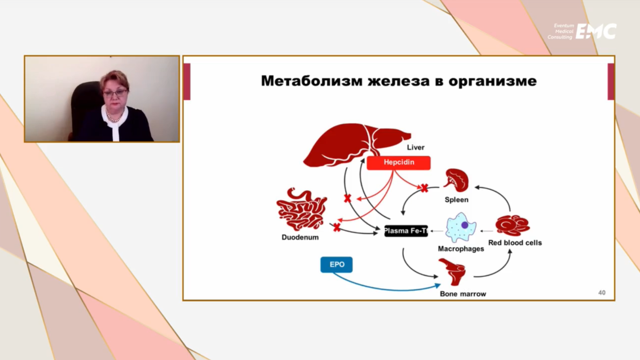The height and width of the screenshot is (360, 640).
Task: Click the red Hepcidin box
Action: pyautogui.click(x=399, y=163)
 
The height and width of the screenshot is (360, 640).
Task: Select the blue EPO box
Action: pyautogui.click(x=336, y=265)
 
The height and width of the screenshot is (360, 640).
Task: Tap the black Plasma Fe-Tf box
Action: pyautogui.click(x=406, y=231)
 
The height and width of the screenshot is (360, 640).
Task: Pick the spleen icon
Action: pyautogui.click(x=457, y=180)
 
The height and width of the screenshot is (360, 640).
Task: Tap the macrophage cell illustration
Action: pyautogui.click(x=460, y=227)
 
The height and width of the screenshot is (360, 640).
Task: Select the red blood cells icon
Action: pyautogui.click(x=513, y=225)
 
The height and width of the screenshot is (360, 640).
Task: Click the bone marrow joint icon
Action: pyautogui.click(x=453, y=272)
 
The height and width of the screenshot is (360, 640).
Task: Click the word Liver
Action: pyautogui.click(x=416, y=148)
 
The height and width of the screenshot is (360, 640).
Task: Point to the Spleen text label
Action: pyautogui.click(x=456, y=200)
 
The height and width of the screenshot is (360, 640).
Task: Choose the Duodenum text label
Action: pyautogui.click(x=300, y=237)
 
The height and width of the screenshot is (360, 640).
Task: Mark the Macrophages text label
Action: pyautogui.click(x=461, y=249)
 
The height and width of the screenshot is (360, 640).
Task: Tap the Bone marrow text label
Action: pyautogui.click(x=463, y=294)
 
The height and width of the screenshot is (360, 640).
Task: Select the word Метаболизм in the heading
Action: pyautogui.click(x=312, y=81)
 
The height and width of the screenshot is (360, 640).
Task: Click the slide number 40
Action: pyautogui.click(x=602, y=293)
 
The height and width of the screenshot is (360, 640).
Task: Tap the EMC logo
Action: pyautogui.click(x=596, y=32)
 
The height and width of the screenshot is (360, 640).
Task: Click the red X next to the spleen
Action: pyautogui.click(x=424, y=188)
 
